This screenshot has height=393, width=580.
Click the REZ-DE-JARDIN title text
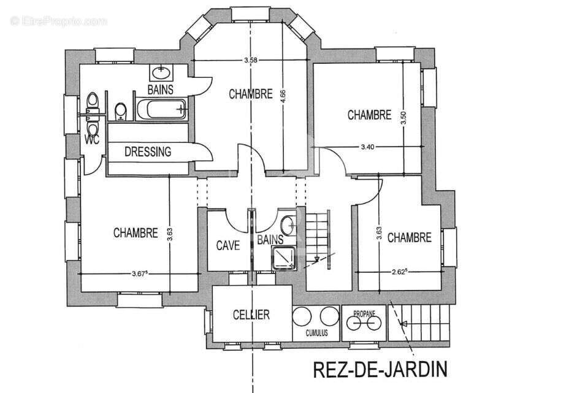point(380,370)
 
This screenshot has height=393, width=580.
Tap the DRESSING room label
point(148,152)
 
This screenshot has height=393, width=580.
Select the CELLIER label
point(251,315)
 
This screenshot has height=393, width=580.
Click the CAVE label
point(227,245)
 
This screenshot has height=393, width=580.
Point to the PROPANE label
point(364,312)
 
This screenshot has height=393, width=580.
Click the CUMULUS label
point(317,333)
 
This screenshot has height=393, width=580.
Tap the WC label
point(91,139)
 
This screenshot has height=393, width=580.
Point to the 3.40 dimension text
point(368,147)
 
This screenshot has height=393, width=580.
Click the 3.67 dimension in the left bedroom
point(140,274)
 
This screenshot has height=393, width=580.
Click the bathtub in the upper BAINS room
point(161,110)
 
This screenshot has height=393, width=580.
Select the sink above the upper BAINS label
point(161,72)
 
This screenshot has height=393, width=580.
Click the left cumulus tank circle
point(302,317)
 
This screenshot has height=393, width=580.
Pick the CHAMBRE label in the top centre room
point(251,94)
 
